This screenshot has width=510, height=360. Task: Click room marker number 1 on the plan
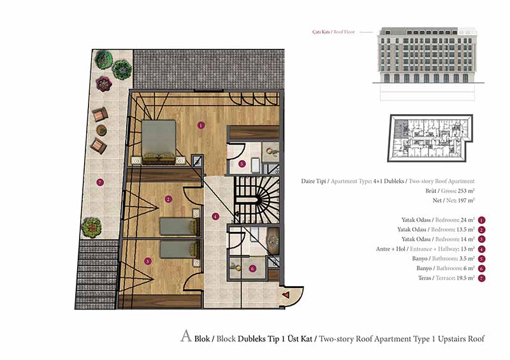tap(201, 125)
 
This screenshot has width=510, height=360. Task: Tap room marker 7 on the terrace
tap(100, 182)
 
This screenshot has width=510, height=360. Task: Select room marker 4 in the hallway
tap(215, 216)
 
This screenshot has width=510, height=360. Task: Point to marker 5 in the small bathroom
tap(242, 164)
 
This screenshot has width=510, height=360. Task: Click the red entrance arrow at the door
tap(286, 295)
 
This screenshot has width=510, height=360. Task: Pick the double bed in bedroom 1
tap(159, 142)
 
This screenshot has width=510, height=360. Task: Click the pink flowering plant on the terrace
tap(104, 83)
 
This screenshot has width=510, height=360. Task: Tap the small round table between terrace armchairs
tap(102, 131)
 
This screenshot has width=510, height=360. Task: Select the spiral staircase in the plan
tap(257, 199)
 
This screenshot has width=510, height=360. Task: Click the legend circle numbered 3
tap(482, 240)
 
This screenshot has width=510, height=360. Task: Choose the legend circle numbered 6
tap(482, 269)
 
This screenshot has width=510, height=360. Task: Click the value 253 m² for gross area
tap(466, 191)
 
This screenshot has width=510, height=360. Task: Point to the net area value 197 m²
tap(466, 200)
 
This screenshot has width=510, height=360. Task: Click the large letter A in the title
tap(186, 336)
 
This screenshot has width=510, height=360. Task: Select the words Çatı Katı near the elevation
tap(321, 32)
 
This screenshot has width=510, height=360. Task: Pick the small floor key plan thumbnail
tap(430, 138)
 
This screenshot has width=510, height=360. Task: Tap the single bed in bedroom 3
tap(180, 249)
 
